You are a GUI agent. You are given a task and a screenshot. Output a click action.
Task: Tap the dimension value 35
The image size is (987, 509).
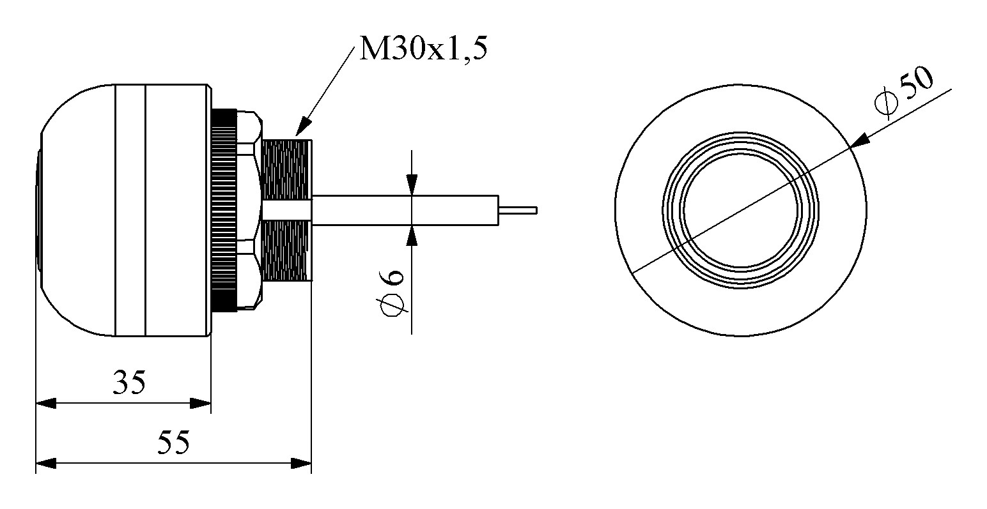130,383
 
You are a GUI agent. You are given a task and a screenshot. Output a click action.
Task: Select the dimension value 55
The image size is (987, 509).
175,442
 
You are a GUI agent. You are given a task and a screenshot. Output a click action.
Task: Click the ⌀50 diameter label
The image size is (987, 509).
905,92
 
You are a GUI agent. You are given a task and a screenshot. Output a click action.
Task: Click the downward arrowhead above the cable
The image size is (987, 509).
412,185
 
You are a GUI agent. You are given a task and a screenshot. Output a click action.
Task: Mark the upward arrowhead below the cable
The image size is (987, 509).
412,235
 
